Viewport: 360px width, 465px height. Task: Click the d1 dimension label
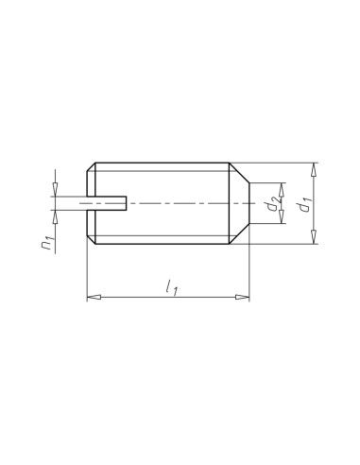click(x=300, y=204)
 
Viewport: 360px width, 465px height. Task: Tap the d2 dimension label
click(x=271, y=204)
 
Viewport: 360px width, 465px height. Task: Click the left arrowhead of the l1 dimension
click(x=93, y=298)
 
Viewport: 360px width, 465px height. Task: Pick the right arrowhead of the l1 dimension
click(x=244, y=298)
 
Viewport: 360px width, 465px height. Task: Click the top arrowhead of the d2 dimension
click(x=283, y=187)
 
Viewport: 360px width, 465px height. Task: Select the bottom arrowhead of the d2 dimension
click(x=283, y=220)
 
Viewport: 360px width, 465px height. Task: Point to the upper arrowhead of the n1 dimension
click(x=57, y=191)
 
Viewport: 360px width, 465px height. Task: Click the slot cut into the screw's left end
click(x=107, y=203)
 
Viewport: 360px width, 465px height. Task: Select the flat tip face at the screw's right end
click(x=249, y=203)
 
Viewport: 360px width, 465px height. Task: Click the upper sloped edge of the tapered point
click(x=240, y=173)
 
